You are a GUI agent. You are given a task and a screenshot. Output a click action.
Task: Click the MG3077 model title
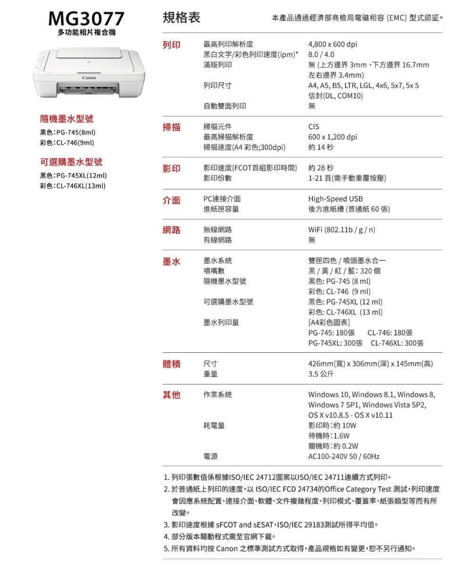(86, 19)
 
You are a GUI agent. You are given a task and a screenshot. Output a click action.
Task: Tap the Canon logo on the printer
(89, 78)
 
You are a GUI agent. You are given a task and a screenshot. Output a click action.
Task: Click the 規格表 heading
(181, 18)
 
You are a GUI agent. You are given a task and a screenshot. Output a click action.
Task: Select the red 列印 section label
(171, 45)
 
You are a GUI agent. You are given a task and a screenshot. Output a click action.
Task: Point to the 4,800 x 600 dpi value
(332, 45)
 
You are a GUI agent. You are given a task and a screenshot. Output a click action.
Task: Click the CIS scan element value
(313, 127)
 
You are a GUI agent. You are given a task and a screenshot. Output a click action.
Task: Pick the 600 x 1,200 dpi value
(332, 137)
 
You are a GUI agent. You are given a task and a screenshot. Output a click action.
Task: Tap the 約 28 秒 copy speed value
(320, 168)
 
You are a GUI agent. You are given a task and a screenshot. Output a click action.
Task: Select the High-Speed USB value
(336, 199)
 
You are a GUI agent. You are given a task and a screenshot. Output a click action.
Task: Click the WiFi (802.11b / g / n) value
(342, 230)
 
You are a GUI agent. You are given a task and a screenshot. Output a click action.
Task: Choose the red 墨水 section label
(171, 261)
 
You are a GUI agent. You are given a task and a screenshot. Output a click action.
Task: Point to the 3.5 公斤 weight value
(321, 374)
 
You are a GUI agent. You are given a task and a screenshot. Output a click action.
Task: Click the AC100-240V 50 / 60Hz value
(344, 457)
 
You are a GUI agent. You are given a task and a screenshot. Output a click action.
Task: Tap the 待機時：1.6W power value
(329, 436)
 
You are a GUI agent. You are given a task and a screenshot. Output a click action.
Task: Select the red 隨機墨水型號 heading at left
(69, 118)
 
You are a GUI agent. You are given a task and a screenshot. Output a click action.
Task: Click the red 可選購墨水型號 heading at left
(71, 162)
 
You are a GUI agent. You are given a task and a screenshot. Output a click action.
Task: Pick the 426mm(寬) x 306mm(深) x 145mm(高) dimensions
(371, 364)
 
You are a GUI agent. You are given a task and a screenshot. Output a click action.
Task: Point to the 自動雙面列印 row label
(224, 107)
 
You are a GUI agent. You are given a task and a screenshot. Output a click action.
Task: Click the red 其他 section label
(171, 395)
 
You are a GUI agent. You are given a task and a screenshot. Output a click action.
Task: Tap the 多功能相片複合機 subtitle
(86, 33)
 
